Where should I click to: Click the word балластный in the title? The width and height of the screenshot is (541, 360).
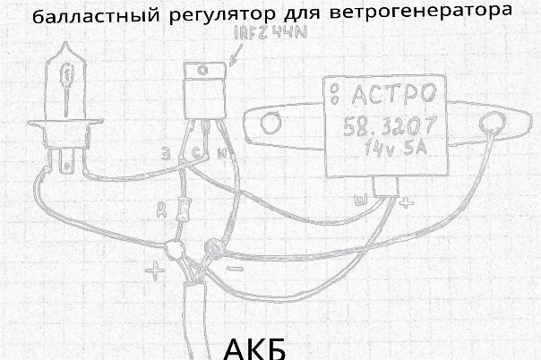[x=76, y=19]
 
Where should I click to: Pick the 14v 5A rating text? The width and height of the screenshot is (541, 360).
[x=394, y=151]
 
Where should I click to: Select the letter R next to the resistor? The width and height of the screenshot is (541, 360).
[x=159, y=210]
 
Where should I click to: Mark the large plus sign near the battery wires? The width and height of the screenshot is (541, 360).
[x=158, y=267]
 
